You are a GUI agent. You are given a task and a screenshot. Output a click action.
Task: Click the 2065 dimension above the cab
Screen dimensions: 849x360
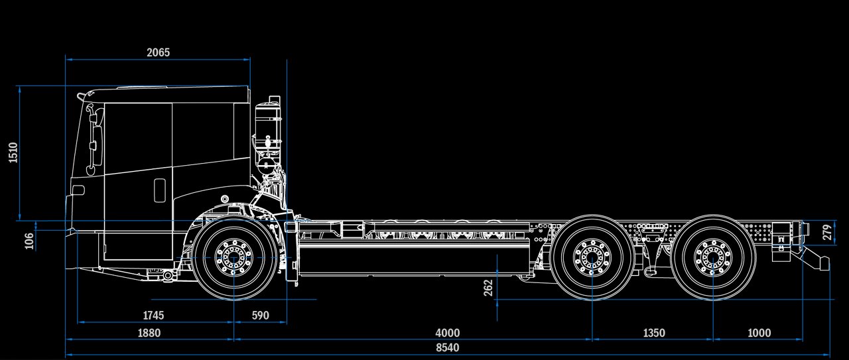click(x=158, y=52)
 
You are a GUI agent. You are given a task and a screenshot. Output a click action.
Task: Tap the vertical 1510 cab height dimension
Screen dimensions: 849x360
click(x=13, y=152)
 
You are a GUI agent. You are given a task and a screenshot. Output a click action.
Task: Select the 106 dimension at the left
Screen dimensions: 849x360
click(x=29, y=241)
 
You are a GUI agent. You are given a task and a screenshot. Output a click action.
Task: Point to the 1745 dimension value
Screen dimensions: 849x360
click(x=153, y=316)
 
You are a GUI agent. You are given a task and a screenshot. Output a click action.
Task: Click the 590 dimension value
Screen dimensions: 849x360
click(x=261, y=316)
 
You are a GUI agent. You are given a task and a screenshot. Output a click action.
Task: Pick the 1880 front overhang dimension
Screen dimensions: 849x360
click(x=149, y=333)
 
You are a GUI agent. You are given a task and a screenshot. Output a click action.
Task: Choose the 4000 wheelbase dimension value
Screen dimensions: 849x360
click(x=447, y=333)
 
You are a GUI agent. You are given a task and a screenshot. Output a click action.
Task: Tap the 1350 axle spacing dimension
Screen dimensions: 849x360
click(x=654, y=333)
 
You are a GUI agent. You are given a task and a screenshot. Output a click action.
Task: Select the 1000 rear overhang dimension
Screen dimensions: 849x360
click(x=759, y=333)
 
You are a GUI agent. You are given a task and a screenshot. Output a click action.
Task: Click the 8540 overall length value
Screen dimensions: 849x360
click(x=447, y=348)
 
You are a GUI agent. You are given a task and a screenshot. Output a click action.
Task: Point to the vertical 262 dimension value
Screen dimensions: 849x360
click(x=489, y=288)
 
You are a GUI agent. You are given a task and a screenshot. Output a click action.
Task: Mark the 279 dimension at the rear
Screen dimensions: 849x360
click(x=827, y=233)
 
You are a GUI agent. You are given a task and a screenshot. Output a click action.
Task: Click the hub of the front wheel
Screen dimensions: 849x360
click(x=233, y=258)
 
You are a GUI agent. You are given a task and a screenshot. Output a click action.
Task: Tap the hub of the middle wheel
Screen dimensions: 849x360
click(x=592, y=258)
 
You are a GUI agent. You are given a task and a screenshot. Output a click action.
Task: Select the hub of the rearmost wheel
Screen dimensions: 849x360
click(x=713, y=258)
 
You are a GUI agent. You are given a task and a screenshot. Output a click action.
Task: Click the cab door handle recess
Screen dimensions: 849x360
click(x=160, y=190)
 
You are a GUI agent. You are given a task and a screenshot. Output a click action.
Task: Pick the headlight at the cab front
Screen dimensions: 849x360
click(x=78, y=190)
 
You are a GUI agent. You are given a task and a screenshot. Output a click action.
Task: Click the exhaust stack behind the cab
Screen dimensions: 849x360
click(x=269, y=129)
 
